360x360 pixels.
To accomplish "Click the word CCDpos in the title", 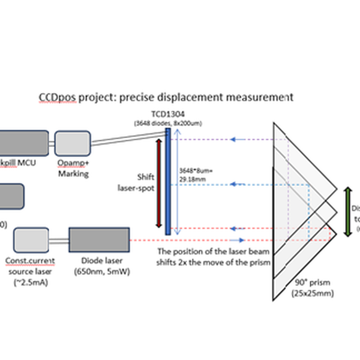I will (57, 97).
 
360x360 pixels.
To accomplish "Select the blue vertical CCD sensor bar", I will (167, 185).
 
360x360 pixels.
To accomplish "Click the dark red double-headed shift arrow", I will (158, 183).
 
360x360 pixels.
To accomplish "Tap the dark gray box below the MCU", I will (11, 196).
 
